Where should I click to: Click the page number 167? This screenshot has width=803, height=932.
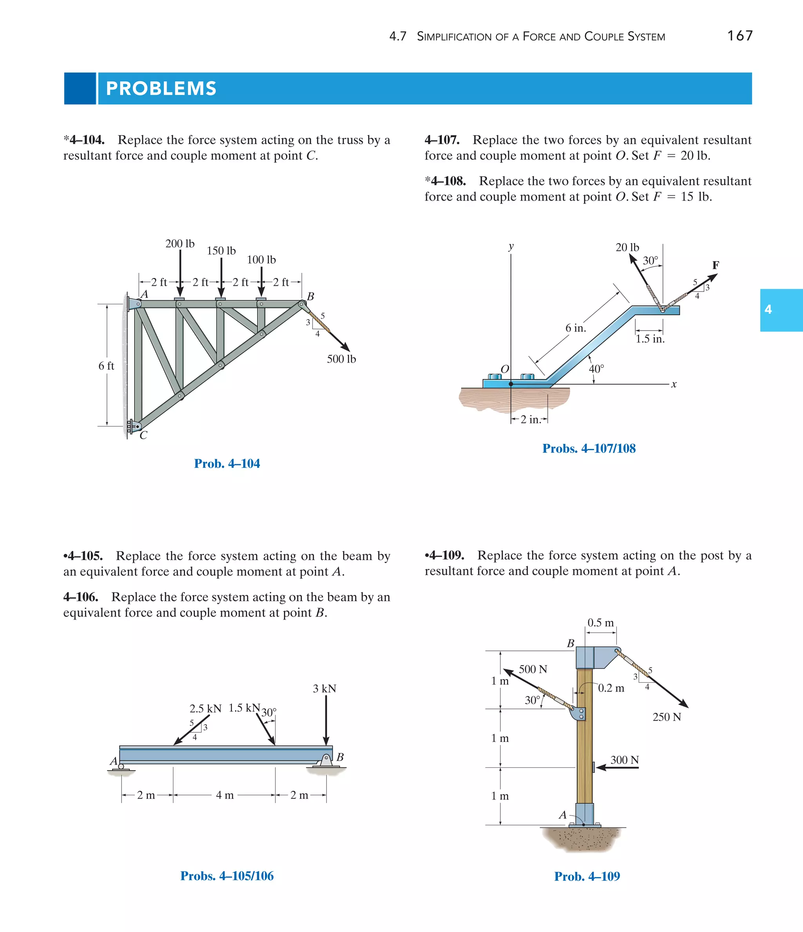tap(739, 36)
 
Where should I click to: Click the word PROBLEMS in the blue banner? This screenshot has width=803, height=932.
tap(161, 89)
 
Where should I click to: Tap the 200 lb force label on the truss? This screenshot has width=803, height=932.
tap(180, 244)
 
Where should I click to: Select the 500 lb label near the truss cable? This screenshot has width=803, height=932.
tap(341, 359)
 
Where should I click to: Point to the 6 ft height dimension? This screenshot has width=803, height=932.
tap(106, 366)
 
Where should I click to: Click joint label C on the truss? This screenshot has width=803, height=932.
tap(144, 435)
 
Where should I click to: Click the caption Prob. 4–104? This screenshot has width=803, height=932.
tap(227, 464)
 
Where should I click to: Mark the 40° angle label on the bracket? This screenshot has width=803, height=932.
tap(596, 369)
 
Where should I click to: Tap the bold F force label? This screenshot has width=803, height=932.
tap(715, 265)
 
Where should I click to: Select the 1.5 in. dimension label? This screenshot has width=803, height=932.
tap(650, 339)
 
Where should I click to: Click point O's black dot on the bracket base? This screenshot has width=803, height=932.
tap(511, 384)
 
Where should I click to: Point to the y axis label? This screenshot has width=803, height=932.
tap(511, 246)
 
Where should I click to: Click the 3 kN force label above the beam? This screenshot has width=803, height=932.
tap(324, 689)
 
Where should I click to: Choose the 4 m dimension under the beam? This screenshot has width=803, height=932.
tap(225, 795)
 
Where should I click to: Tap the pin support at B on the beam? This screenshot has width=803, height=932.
tap(327, 760)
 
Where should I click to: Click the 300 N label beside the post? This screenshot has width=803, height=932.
tap(625, 760)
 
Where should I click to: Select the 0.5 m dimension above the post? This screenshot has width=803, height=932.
tap(600, 623)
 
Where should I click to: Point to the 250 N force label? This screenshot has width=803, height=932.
tap(666, 717)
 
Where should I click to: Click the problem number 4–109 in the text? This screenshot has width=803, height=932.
tap(446, 556)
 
